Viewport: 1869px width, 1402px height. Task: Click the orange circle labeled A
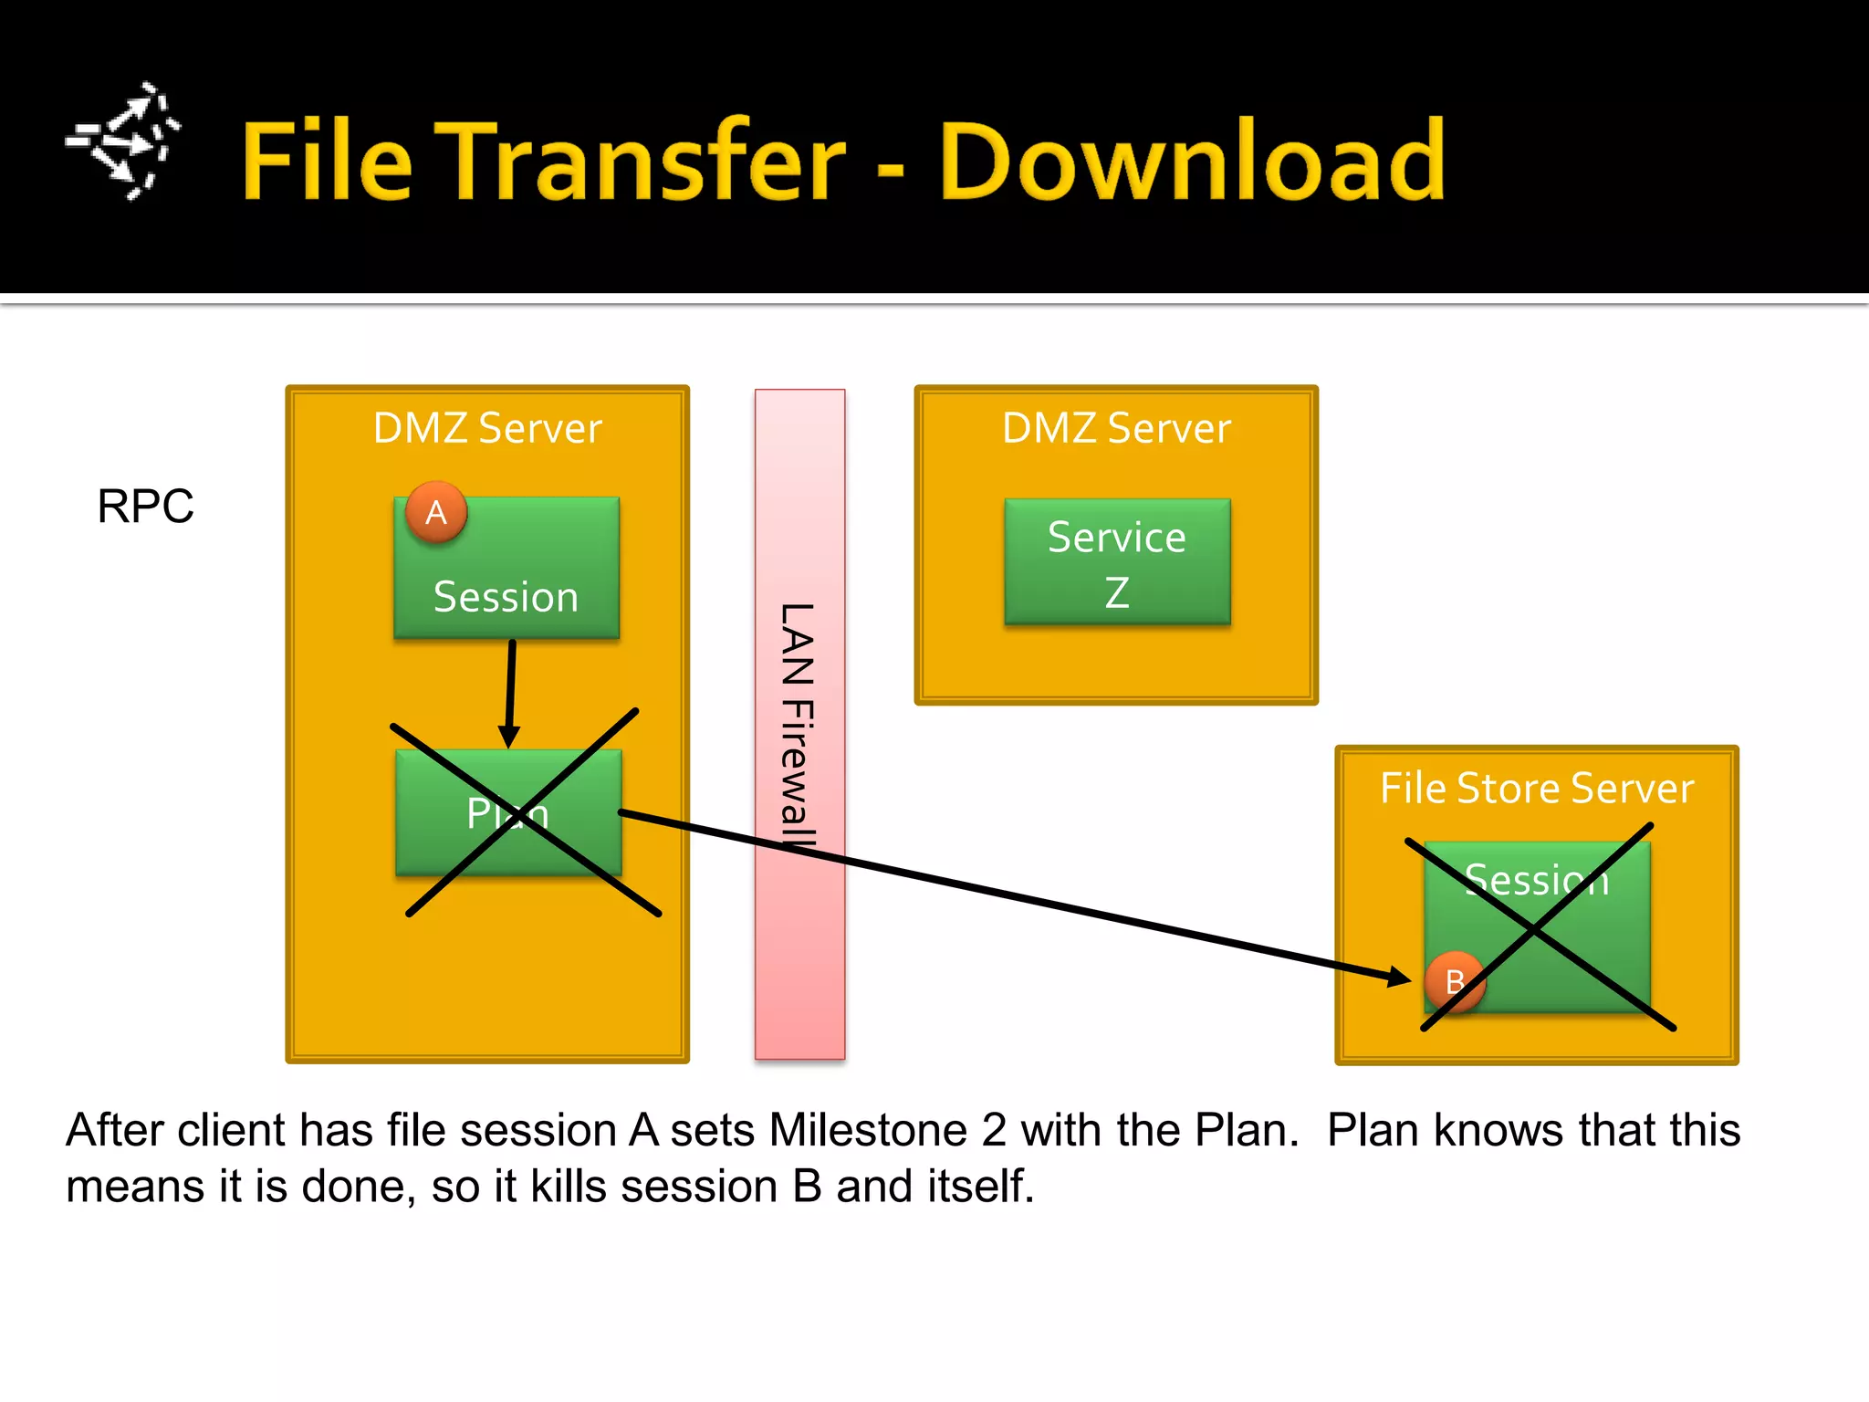tap(436, 512)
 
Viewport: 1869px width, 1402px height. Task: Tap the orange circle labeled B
tap(1455, 981)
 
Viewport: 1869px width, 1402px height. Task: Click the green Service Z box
tap(1117, 561)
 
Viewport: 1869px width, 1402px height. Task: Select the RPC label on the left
tap(145, 506)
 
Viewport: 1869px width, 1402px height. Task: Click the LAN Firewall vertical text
tap(797, 726)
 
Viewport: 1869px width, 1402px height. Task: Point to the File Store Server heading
tap(1536, 788)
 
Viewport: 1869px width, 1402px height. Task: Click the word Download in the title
tap(1191, 162)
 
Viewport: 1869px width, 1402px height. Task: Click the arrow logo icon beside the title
tap(123, 141)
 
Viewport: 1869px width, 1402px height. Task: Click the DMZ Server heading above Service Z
tap(1116, 427)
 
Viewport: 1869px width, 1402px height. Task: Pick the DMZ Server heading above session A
tap(487, 427)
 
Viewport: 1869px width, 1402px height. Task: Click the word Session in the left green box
tap(506, 597)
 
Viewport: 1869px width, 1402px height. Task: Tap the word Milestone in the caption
tap(867, 1130)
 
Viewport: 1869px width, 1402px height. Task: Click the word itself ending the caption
tap(980, 1187)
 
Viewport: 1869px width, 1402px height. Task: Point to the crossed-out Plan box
tap(508, 812)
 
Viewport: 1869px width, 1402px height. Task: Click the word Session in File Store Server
tap(1537, 880)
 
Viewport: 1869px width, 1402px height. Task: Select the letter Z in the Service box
tap(1117, 592)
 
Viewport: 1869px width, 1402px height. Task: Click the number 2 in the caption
tap(994, 1130)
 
